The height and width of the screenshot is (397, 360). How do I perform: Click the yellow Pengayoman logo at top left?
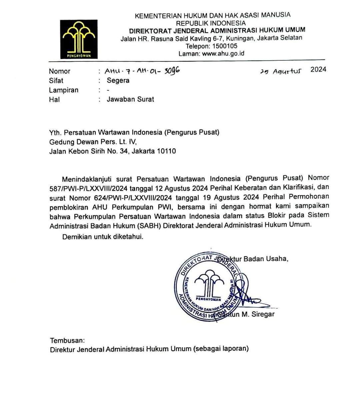79,39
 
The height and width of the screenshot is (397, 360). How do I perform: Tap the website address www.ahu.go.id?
223,53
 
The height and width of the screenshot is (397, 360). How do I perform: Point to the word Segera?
118,80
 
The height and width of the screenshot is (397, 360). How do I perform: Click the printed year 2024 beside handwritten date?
318,69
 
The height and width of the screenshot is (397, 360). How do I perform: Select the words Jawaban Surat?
130,99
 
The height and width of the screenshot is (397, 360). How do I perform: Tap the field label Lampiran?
64,90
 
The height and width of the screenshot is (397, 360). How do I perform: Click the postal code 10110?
166,151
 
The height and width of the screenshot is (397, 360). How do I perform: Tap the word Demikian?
76,237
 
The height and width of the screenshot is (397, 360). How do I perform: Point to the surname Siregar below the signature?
263,314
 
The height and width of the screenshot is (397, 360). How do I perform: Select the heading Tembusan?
67,341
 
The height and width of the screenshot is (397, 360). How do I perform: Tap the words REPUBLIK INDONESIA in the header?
211,23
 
